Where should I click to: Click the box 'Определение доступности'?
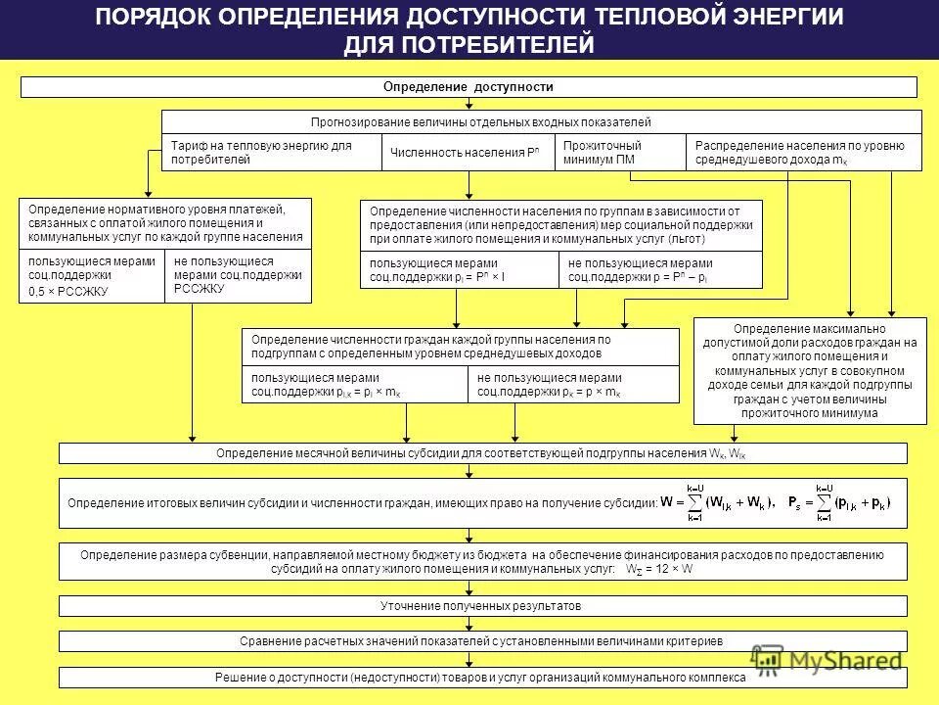point(469,87)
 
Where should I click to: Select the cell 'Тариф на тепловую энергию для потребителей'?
point(271,153)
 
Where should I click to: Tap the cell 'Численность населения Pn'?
point(467,153)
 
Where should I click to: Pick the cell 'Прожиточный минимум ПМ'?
point(619,153)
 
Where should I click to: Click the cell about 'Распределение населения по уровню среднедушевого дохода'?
point(802,153)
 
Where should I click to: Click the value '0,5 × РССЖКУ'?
point(68,292)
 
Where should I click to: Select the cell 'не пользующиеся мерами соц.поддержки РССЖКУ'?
point(238,275)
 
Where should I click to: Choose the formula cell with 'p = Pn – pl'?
point(662,270)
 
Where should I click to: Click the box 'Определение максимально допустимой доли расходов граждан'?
point(810,371)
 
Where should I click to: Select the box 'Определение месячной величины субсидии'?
point(483,453)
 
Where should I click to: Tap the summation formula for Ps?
point(852,503)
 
